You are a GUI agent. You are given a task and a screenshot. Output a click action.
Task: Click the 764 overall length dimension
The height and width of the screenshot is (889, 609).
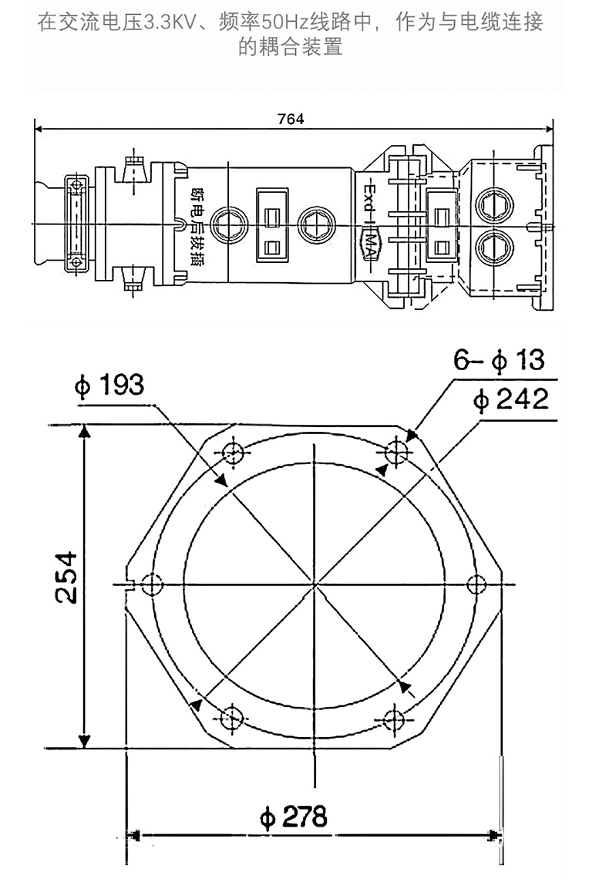[x=291, y=119]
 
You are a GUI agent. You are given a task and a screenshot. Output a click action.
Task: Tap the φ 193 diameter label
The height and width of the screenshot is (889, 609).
[x=109, y=385]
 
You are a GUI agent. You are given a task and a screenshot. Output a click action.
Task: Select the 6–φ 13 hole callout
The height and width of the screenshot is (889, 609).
[x=499, y=359]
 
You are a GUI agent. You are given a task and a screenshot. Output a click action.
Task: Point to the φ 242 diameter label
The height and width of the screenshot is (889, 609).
[x=511, y=399]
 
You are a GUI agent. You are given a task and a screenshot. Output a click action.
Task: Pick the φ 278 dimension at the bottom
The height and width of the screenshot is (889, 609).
[x=293, y=817]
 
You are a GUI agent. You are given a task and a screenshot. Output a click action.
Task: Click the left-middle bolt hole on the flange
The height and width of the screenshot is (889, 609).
[x=151, y=584]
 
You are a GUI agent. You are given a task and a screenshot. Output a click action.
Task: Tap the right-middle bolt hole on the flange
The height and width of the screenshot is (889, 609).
[x=477, y=584]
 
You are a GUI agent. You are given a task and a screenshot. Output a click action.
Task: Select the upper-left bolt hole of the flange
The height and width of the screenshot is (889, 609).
[x=233, y=453]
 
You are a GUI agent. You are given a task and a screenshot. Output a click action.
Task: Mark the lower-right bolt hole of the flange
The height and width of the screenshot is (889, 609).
[x=393, y=719]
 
